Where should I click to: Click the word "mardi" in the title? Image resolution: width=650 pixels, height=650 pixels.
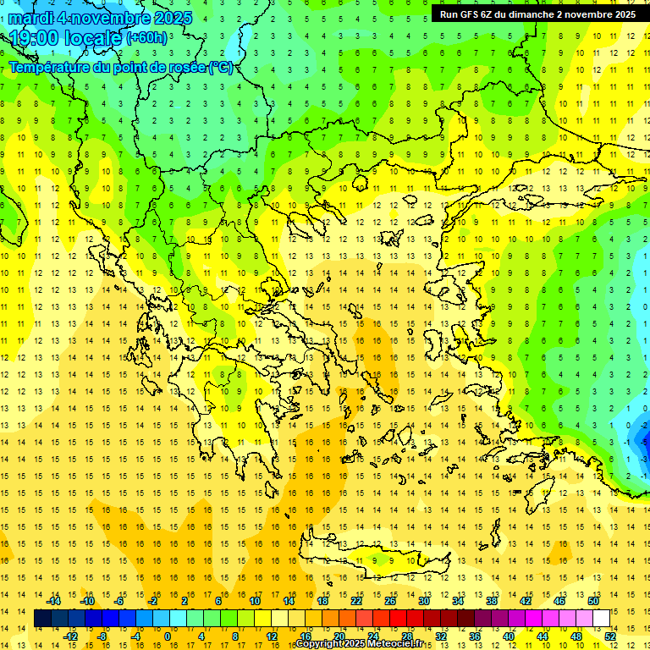tap(28, 18)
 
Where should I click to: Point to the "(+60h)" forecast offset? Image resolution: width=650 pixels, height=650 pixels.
tap(146, 38)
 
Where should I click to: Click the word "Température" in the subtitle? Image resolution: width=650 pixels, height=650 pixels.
tap(48, 67)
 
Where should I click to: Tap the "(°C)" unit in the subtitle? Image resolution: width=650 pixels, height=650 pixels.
tap(219, 67)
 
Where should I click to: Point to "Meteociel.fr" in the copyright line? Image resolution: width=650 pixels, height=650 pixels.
tap(401, 644)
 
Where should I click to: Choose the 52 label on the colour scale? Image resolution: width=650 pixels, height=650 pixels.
tap(610, 636)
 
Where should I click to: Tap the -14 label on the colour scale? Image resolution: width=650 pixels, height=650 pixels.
tap(53, 601)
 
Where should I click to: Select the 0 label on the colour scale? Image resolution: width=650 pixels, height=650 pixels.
tap(168, 636)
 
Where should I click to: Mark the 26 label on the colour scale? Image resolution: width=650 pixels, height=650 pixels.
tap(390, 601)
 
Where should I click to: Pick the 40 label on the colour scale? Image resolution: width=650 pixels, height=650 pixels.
tap(509, 636)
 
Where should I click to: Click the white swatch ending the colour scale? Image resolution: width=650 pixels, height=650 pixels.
tap(601, 619)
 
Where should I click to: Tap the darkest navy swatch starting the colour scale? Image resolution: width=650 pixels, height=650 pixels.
tap(43, 619)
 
